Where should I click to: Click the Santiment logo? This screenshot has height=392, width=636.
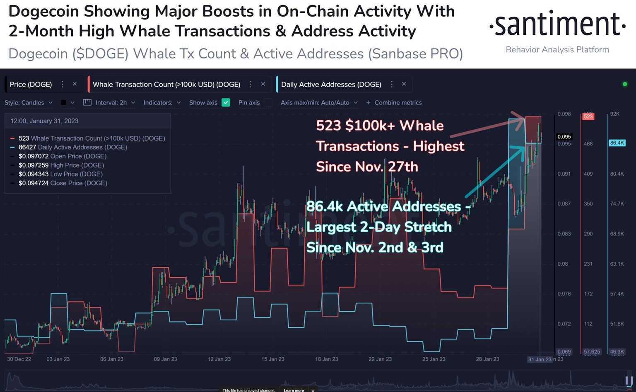557,25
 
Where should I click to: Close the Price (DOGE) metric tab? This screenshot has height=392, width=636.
75,84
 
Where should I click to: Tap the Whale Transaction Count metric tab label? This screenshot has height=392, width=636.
166,85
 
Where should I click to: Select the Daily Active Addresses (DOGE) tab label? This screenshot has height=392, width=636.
331,85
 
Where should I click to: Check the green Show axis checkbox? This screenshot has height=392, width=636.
226,103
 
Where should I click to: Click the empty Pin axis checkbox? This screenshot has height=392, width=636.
268,103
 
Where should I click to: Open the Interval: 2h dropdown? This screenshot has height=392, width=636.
110,103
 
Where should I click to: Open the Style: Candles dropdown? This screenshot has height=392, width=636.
28,103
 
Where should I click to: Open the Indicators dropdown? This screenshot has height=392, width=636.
162,103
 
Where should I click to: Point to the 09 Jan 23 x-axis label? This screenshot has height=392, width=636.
165,359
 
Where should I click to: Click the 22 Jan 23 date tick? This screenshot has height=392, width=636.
380,359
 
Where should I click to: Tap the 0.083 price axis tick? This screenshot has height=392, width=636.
564,234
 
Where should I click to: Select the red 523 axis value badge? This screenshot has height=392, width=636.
588,116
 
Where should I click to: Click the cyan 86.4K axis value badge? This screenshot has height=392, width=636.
617,143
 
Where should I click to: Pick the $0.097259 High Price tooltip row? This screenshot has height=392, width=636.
62,165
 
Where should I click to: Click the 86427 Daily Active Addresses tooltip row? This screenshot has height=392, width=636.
72,147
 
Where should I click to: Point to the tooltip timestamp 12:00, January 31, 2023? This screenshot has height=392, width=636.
44,121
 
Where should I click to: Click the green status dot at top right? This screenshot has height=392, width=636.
625,84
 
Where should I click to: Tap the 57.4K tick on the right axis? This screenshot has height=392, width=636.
617,294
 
